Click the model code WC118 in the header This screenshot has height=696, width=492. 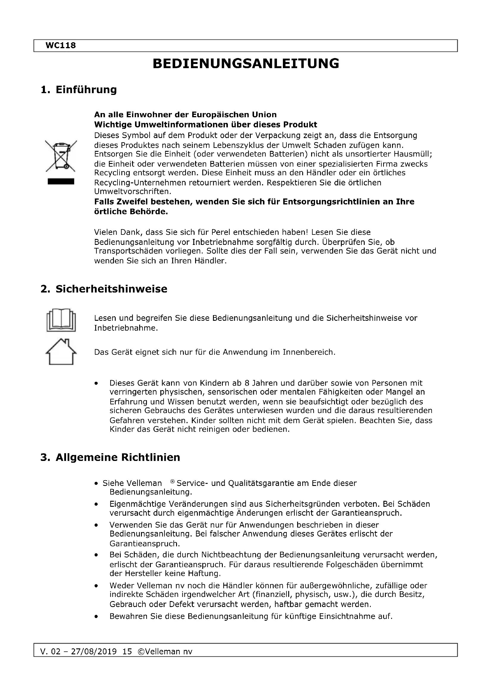61,46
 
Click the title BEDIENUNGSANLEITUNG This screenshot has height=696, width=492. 246,64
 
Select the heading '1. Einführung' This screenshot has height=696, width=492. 79,90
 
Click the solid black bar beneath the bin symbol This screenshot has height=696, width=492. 61,182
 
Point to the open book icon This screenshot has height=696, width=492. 61,320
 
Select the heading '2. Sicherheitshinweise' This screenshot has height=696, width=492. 104,289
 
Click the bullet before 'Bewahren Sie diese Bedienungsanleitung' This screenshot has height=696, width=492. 96,616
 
